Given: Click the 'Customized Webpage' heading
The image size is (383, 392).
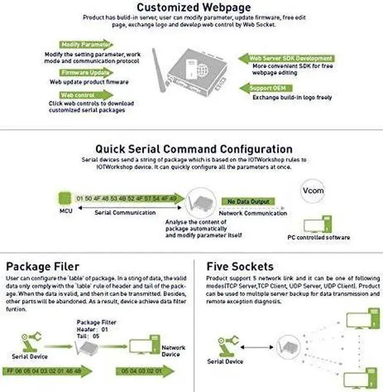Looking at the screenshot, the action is pos(193,8).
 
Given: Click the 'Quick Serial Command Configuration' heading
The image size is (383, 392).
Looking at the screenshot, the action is pos(194,149).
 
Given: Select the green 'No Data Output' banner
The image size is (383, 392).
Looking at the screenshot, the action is pos(248,201).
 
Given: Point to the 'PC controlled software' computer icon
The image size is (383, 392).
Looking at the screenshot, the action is pos(317,225).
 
